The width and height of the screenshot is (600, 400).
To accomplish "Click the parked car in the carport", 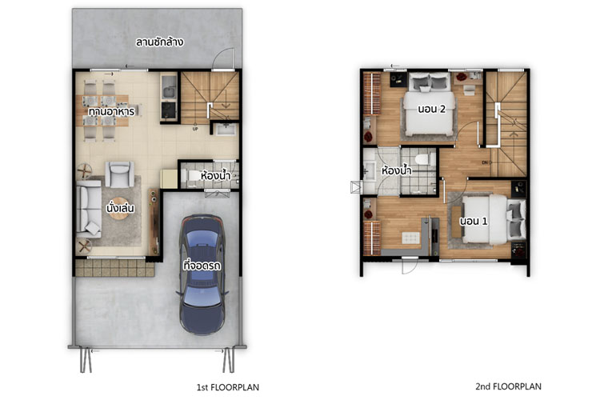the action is (x=202, y=274).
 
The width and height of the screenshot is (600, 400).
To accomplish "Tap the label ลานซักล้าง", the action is (x=159, y=42).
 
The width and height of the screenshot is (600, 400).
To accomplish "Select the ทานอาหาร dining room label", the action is (x=111, y=112).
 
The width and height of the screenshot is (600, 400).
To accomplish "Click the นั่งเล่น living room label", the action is (x=120, y=208).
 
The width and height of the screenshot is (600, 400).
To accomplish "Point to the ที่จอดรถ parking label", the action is (x=202, y=265).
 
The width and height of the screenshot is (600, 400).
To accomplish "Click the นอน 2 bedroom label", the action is (x=432, y=109).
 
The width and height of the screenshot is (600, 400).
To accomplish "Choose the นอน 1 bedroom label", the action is (x=474, y=221).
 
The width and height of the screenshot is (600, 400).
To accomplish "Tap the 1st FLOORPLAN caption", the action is (x=228, y=387).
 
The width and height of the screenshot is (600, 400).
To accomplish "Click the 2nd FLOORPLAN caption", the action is (x=508, y=386).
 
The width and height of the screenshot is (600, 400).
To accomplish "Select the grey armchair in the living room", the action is (x=119, y=174).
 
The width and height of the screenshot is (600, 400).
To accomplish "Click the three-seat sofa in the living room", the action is (x=88, y=209).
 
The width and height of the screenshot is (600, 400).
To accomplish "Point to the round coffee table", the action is (x=118, y=209).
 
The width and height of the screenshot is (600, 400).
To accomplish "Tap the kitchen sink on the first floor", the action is (x=168, y=92).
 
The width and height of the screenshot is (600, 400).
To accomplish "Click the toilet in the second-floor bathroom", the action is (x=426, y=159).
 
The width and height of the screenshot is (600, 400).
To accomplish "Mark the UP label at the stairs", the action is (x=195, y=129).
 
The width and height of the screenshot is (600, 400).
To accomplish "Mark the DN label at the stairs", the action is (x=486, y=162).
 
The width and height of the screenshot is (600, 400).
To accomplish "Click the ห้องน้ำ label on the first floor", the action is (x=215, y=176).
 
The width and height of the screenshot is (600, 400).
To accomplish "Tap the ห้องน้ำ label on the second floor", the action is (x=397, y=170).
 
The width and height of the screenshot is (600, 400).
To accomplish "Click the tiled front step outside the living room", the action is (x=114, y=267).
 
